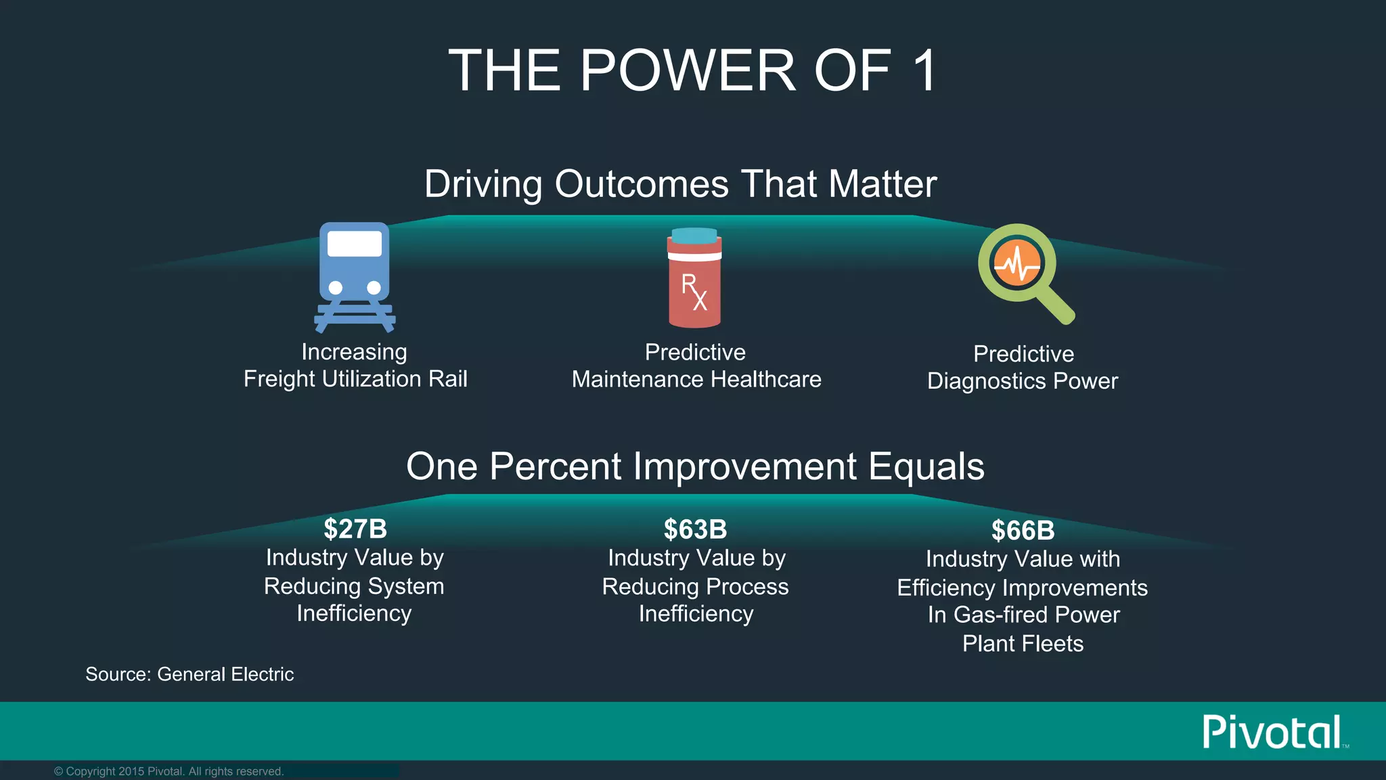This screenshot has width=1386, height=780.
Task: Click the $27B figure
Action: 355,529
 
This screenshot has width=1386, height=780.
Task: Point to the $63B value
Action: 695,529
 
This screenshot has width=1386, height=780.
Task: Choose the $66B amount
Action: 1023,531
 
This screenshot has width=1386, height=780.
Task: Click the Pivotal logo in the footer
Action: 1272,732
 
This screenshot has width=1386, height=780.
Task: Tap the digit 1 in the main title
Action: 924,70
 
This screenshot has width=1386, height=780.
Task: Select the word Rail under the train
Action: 448,379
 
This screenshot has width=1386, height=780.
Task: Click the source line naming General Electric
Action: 189,674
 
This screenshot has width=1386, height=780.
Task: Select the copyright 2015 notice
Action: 169,771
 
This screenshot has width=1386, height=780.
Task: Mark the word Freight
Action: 280,379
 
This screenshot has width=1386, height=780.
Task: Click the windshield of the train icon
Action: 355,244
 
